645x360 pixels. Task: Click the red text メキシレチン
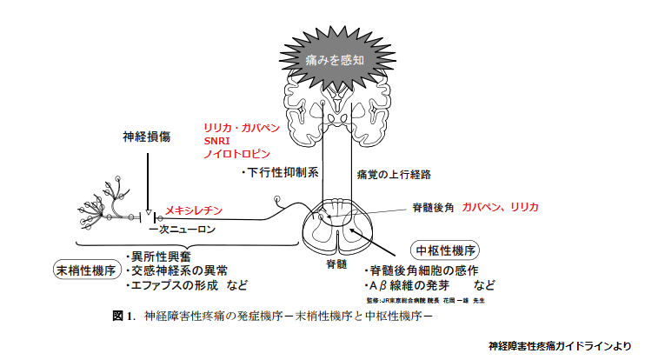195,210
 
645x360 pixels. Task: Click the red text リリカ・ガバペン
241,126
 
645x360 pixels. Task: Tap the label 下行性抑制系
282,173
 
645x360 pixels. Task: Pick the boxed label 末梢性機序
86,270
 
